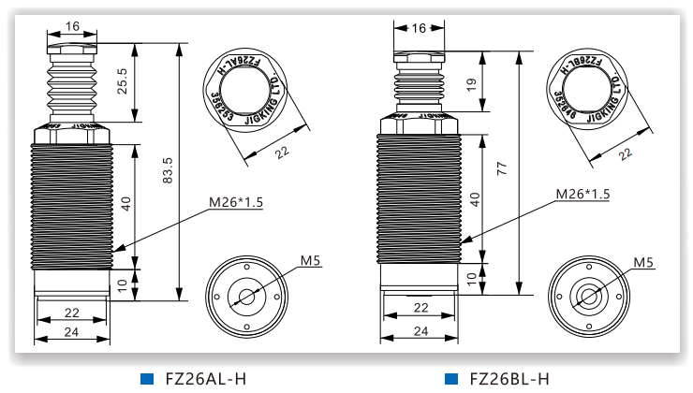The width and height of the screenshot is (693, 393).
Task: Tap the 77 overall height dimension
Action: (x=502, y=168)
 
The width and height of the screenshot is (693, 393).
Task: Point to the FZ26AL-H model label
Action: (x=205, y=378)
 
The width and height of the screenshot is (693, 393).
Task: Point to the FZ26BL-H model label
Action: (x=509, y=378)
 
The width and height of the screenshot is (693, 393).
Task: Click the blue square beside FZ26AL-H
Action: (x=146, y=378)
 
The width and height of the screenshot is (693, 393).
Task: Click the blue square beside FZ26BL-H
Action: (x=451, y=378)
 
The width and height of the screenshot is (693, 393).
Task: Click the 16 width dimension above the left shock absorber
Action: (x=74, y=27)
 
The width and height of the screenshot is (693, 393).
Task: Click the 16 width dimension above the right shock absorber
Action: (x=420, y=27)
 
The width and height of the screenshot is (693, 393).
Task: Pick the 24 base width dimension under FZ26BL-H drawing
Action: (x=420, y=331)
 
